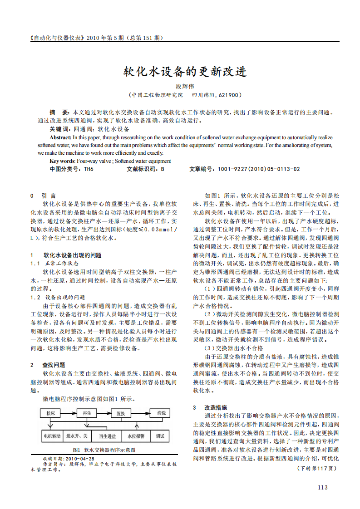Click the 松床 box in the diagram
point(50,413)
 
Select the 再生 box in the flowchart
point(86,413)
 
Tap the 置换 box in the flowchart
point(121,414)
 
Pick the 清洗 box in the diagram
point(161,413)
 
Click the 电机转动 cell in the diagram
point(52,436)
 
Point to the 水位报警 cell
point(136,436)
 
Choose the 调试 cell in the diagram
point(160,436)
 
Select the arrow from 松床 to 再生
point(68,413)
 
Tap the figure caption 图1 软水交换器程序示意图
point(104,450)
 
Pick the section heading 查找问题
point(54,365)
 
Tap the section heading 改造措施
point(216,407)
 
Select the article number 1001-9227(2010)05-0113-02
point(259,169)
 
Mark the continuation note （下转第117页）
point(316,468)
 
